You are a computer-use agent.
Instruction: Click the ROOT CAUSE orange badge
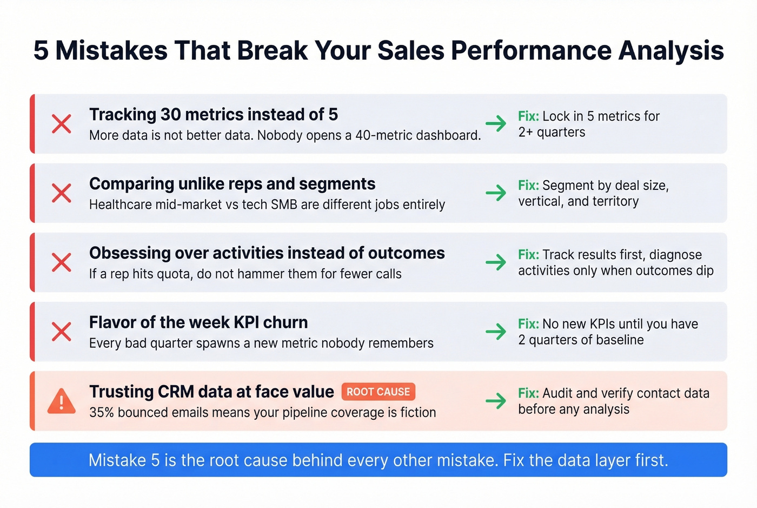(378, 392)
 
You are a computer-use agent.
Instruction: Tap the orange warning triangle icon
(62, 401)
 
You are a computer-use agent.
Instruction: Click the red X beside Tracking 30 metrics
(62, 123)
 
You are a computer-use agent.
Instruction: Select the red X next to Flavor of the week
(62, 332)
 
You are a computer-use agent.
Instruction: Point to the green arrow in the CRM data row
(495, 401)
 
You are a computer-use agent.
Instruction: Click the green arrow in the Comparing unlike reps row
(495, 193)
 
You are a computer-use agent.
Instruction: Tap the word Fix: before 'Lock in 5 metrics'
(528, 116)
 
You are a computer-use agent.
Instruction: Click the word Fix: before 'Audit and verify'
(528, 393)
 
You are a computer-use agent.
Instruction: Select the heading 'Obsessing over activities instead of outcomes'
(267, 253)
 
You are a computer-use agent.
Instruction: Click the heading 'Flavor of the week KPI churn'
(198, 322)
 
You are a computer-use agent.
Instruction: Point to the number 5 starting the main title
(41, 51)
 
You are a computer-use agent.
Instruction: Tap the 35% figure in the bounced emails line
(102, 412)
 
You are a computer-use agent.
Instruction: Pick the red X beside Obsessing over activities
(62, 262)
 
